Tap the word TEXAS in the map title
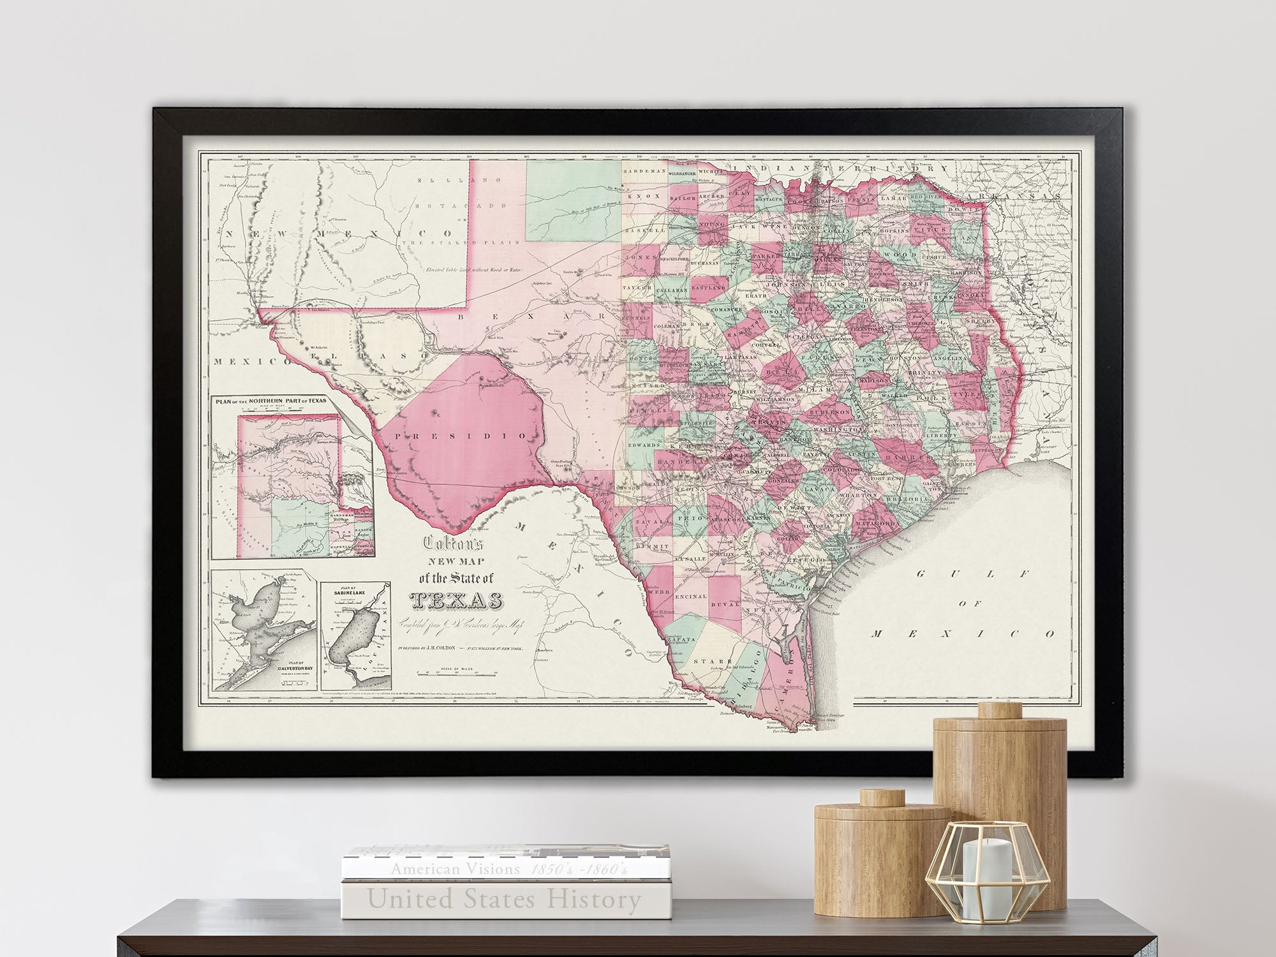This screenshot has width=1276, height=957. click(x=455, y=602)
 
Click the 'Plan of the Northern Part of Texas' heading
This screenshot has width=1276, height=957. click(x=270, y=401)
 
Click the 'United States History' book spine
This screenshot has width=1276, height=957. click(x=504, y=900)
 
